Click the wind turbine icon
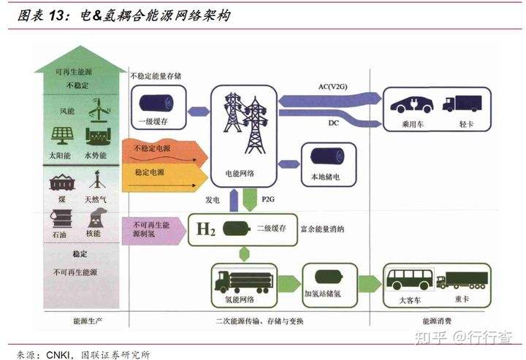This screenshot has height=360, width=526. pyautogui.click(x=99, y=110)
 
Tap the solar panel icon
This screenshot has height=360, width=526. pyautogui.click(x=63, y=135)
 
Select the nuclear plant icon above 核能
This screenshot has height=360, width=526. pyautogui.click(x=97, y=218)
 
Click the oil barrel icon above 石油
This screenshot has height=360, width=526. pyautogui.click(x=61, y=219)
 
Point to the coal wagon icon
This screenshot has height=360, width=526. pyautogui.click(x=62, y=183)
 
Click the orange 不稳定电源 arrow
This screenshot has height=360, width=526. pyautogui.click(x=164, y=151)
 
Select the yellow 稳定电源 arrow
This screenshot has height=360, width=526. pyautogui.click(x=164, y=177)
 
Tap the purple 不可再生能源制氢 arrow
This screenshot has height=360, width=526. pyautogui.click(x=154, y=231)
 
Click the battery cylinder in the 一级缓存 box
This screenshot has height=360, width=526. pyautogui.click(x=156, y=103)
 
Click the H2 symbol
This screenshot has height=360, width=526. pyautogui.click(x=205, y=229)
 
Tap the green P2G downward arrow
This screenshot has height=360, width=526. pyautogui.click(x=250, y=199)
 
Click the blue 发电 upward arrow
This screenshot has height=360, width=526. pyautogui.click(x=234, y=200)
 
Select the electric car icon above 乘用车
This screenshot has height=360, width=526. pyautogui.click(x=411, y=104)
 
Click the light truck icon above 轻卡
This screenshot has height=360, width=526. pyautogui.click(x=462, y=103)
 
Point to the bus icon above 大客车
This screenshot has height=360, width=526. pyautogui.click(x=410, y=279)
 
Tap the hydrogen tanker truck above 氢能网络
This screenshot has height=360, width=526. pyautogui.click(x=244, y=283)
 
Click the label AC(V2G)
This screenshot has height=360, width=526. pyautogui.click(x=333, y=87)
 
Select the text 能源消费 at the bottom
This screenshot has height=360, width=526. pyautogui.click(x=437, y=321)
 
